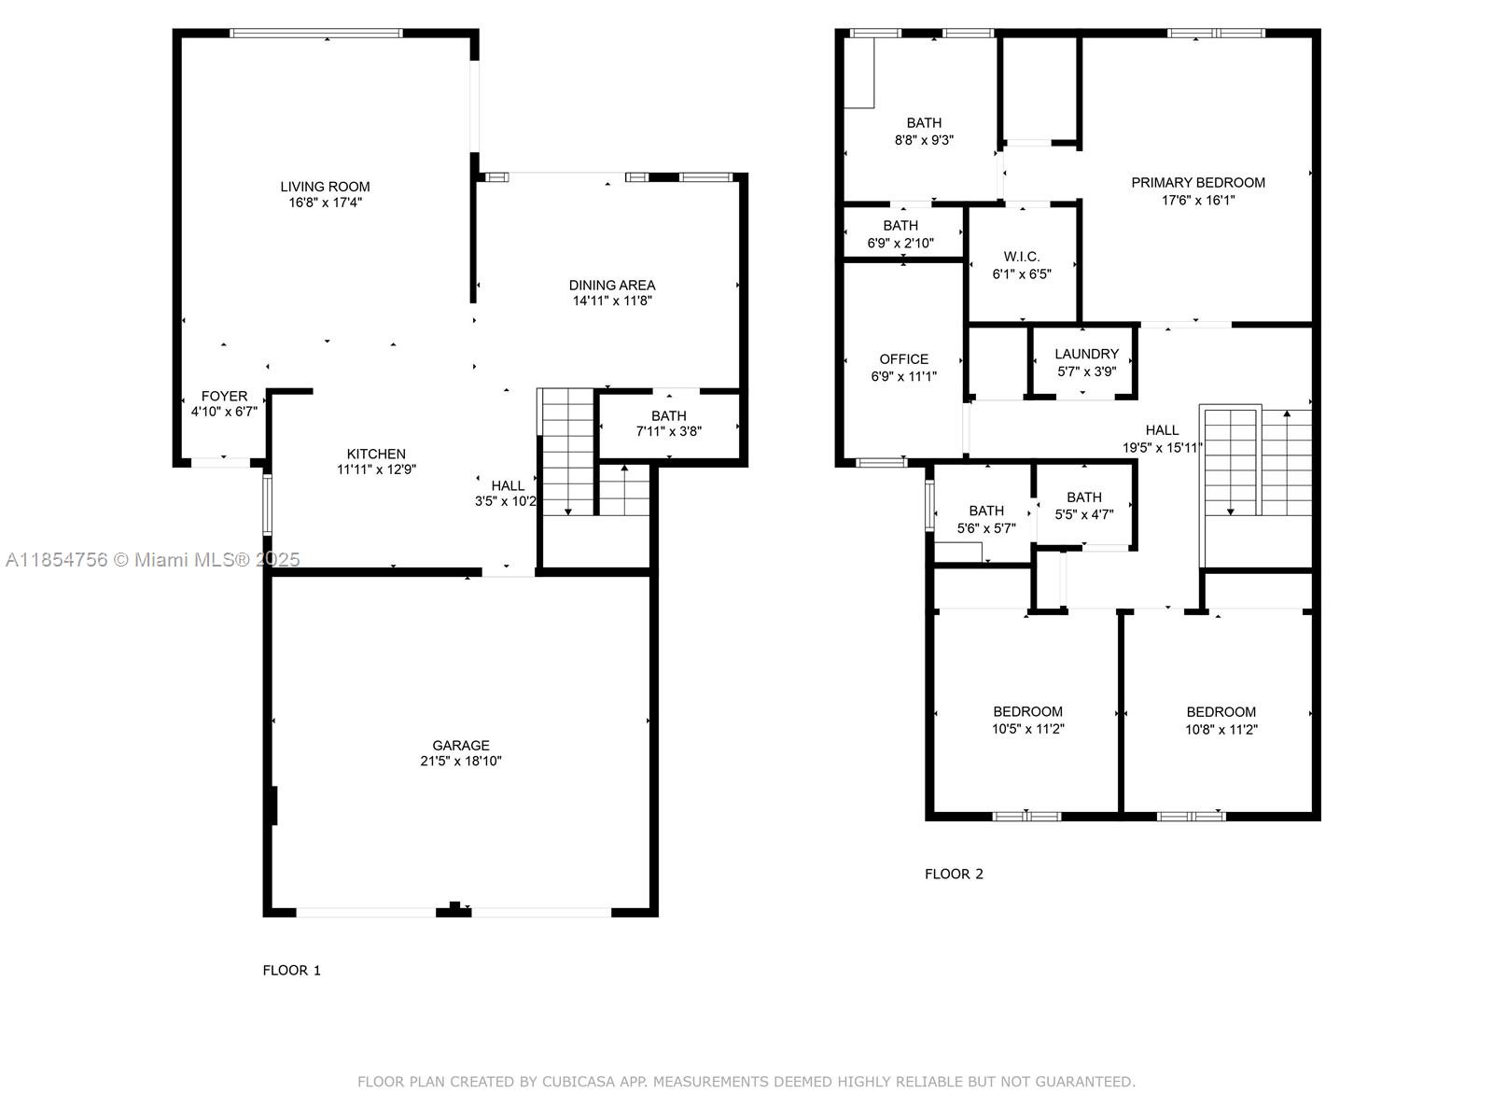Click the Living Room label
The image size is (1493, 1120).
[x=325, y=187]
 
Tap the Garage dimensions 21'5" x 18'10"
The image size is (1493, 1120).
[x=461, y=762]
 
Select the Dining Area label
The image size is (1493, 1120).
[x=612, y=285]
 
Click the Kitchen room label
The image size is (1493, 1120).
[x=376, y=454]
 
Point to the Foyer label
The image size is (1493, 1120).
[x=224, y=397]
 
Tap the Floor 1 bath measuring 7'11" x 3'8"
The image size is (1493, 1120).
[x=668, y=424]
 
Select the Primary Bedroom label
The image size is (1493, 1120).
[x=1198, y=183]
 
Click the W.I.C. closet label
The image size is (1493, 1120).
[x=1022, y=257]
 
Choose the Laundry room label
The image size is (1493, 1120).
[x=1086, y=354]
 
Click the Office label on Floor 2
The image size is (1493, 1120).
[x=903, y=359]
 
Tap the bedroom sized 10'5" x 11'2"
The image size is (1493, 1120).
[x=1027, y=721]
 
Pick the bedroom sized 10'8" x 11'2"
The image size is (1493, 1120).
[x=1221, y=721]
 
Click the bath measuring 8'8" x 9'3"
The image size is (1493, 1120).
[x=924, y=132]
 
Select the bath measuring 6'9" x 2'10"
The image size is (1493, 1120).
[x=900, y=234]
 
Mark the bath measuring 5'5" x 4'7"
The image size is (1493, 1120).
[x=1083, y=505]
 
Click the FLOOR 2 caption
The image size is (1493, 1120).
[x=954, y=875]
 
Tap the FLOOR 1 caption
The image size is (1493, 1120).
[x=291, y=971]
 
